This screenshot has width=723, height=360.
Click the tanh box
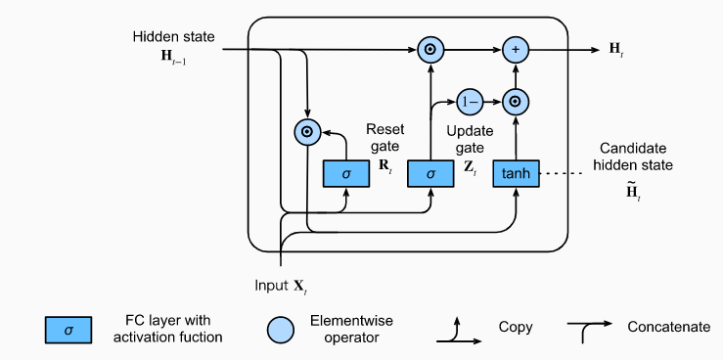[x=516, y=173]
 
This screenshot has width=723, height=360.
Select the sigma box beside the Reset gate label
[x=345, y=173]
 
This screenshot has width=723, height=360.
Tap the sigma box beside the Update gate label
[x=429, y=173]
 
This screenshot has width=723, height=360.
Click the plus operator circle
[x=516, y=48]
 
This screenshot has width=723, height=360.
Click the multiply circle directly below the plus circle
[x=516, y=101]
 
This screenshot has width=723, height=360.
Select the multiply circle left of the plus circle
[x=429, y=48]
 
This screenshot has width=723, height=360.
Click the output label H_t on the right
[x=615, y=48]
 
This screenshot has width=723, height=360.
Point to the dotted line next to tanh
[x=564, y=174]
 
